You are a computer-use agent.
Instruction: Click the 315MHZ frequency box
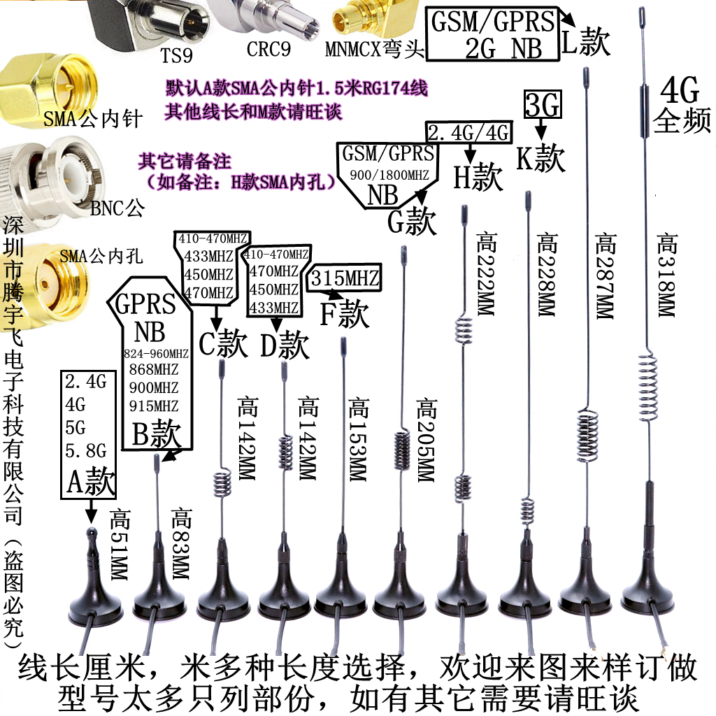point(345,279)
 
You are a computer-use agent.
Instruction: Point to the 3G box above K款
point(541,106)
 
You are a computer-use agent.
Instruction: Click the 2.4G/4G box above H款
point(468,133)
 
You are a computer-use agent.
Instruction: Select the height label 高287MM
point(606,276)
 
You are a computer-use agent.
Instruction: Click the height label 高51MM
point(120,547)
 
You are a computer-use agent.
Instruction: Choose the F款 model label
point(344,315)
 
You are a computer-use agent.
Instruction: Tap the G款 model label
point(412,222)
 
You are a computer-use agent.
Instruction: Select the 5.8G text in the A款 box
point(86,448)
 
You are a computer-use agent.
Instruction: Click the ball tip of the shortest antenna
point(90,534)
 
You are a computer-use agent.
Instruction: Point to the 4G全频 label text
point(682,105)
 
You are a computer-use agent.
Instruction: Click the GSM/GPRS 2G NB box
point(493,34)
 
